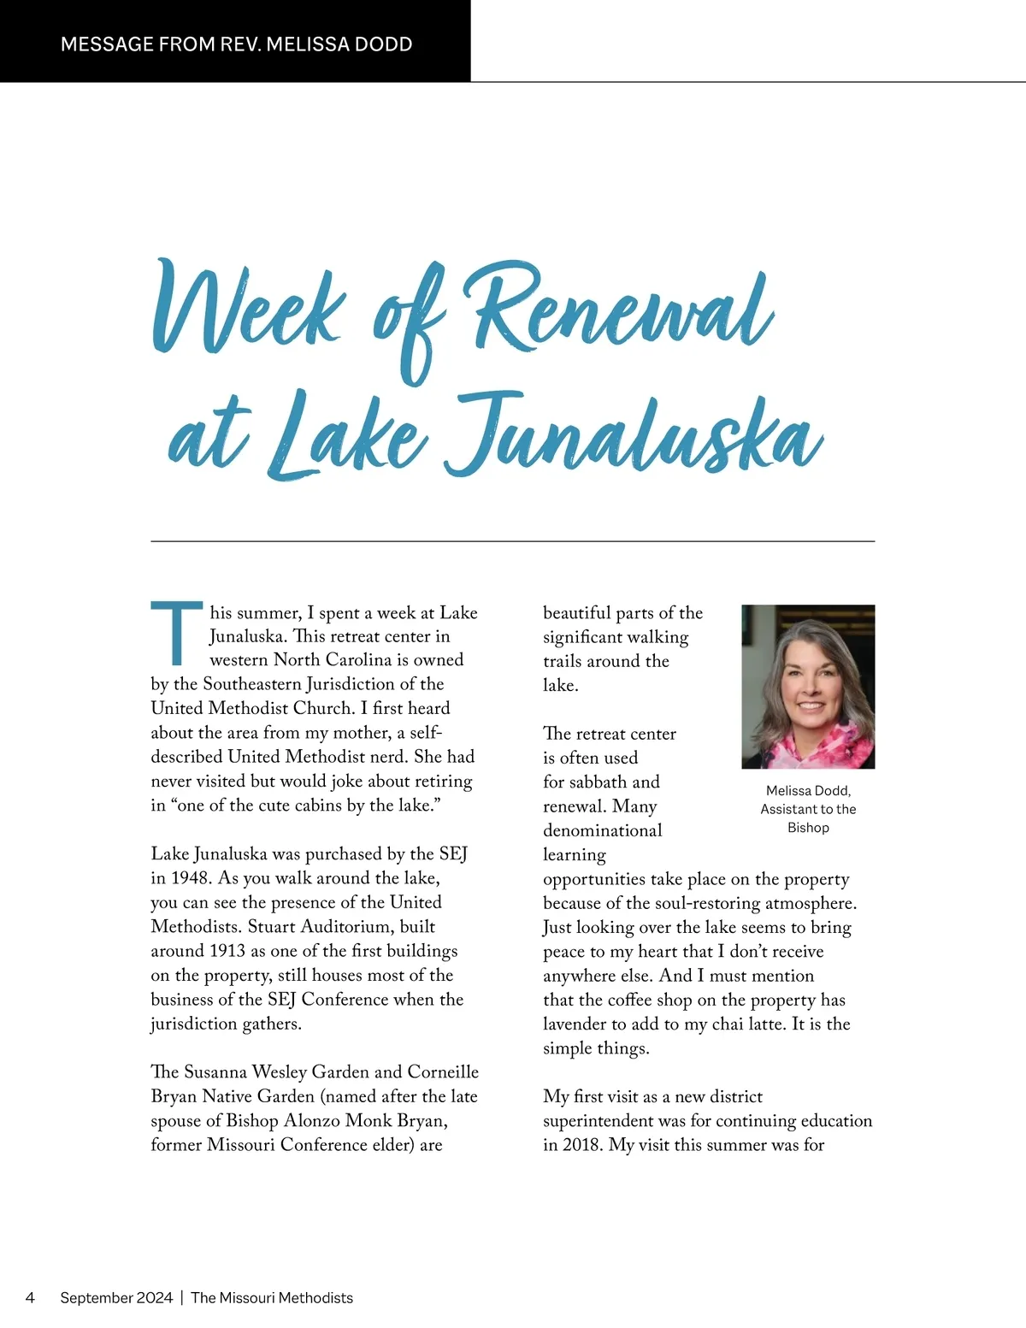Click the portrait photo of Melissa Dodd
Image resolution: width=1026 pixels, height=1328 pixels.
tap(808, 686)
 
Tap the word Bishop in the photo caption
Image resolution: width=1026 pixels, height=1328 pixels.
tap(808, 828)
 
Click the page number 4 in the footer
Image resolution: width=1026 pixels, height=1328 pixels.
tap(31, 1297)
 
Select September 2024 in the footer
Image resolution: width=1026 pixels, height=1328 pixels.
tap(116, 1297)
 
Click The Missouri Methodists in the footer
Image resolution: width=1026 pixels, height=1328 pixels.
tap(272, 1297)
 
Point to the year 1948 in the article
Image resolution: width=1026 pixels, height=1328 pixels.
tap(191, 878)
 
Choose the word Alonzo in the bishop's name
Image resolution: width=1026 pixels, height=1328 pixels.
tap(312, 1121)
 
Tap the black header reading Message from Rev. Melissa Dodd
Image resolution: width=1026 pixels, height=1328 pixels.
tap(236, 44)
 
